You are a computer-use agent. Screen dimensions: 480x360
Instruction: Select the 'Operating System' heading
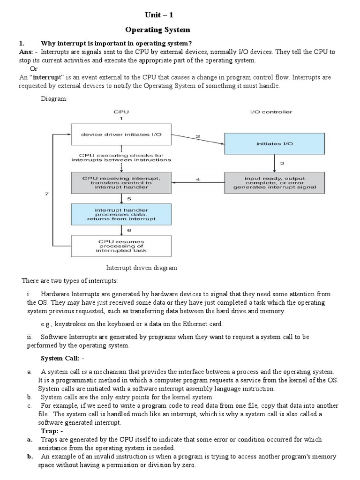[157, 30]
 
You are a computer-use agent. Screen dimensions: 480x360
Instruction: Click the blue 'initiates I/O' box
[274, 143]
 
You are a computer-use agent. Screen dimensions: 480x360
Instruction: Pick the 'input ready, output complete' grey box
[274, 182]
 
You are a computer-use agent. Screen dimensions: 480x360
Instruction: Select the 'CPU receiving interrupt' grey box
[120, 182]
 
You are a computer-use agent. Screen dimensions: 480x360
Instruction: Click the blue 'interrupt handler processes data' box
[120, 214]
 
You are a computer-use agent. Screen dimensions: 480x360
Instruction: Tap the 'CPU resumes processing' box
[120, 246]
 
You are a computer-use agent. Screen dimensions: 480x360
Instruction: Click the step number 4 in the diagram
[198, 179]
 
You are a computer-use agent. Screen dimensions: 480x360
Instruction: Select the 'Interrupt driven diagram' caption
[142, 268]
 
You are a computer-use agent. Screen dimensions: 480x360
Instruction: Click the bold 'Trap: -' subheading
[52, 431]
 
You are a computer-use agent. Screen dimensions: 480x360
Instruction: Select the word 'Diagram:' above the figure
[55, 99]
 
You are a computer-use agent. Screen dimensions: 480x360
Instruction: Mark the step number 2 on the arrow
[198, 136]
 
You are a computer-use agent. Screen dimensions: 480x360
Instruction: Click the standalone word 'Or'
[33, 69]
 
